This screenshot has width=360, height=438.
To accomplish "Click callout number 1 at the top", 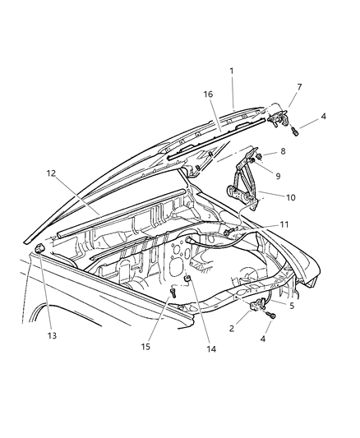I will tap(232, 71).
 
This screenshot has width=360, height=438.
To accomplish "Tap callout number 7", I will tap(298, 86).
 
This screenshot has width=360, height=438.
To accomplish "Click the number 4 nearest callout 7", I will tap(323, 116).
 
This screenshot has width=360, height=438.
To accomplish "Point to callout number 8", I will tap(284, 151).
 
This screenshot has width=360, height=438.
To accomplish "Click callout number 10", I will tap(289, 196).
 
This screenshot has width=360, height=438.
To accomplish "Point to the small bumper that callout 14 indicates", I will tap(188, 280).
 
